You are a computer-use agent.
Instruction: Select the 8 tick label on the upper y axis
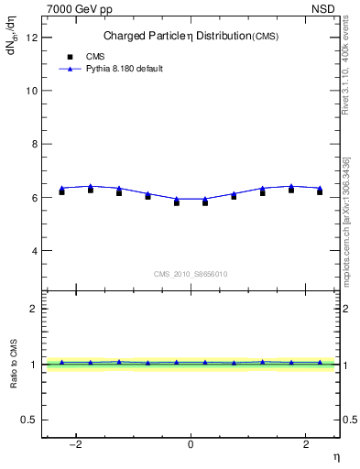pos(36,144)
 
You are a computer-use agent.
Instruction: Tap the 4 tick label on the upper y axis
pos(36,250)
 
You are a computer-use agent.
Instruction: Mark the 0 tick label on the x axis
pos(191,444)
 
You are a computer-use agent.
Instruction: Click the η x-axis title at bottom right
pos(335,457)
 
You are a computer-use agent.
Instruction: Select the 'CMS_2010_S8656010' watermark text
pos(191,274)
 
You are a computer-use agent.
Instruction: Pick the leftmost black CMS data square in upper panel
pos(61,191)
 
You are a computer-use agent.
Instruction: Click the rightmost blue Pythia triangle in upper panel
pos(320,188)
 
